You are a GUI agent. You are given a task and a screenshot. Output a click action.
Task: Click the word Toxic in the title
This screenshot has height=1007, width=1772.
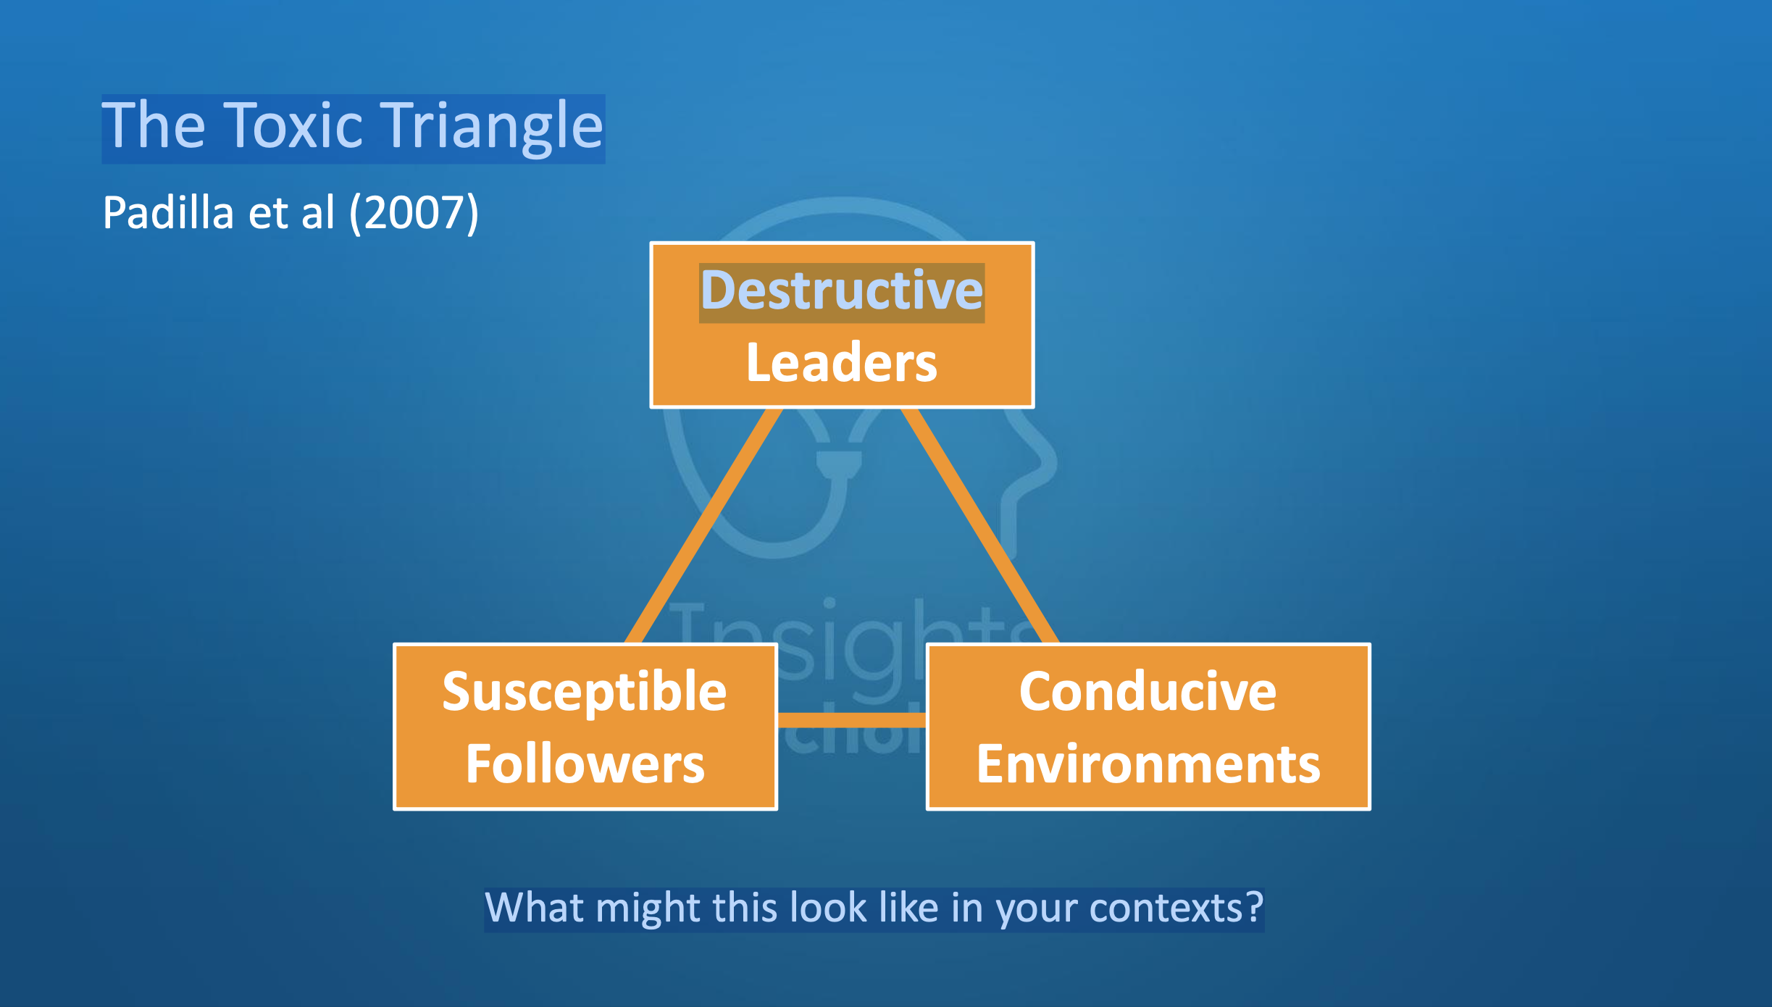pyautogui.click(x=293, y=127)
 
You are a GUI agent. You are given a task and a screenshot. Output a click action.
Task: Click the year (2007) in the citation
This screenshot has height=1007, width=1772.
pyautogui.click(x=414, y=213)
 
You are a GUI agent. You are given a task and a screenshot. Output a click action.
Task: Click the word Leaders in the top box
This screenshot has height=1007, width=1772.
pyautogui.click(x=841, y=363)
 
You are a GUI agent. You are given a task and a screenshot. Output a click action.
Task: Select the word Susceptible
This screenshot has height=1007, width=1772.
pyautogui.click(x=585, y=693)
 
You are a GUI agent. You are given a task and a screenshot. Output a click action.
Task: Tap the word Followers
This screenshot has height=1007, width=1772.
pyautogui.click(x=585, y=764)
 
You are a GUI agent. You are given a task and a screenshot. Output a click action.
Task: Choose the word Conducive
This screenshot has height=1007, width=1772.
pyautogui.click(x=1148, y=693)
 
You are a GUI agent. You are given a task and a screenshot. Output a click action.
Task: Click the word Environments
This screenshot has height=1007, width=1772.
pyautogui.click(x=1148, y=764)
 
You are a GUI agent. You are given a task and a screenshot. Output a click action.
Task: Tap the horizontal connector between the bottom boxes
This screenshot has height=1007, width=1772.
pyautogui.click(x=851, y=719)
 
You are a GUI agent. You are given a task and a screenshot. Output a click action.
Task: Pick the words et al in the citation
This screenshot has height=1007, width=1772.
pyautogui.click(x=292, y=213)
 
